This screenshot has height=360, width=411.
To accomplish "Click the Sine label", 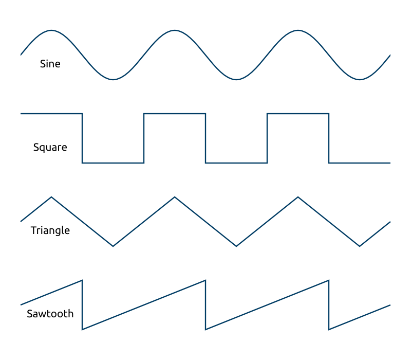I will [50, 64].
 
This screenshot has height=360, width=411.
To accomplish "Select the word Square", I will [50, 148].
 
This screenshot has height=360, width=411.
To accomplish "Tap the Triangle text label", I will [50, 230].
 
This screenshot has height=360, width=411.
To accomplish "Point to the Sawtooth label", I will [50, 314].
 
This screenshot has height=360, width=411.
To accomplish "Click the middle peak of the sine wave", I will [175, 30].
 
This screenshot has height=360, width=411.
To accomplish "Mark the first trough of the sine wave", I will [113, 80].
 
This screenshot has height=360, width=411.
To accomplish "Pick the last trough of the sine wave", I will [360, 80].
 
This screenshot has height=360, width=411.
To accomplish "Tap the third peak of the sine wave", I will [298, 30].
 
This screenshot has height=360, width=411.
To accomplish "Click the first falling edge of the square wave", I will [82, 138].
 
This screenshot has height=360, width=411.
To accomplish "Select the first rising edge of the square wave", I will [144, 138].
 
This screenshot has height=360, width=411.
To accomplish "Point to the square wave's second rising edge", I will [267, 138].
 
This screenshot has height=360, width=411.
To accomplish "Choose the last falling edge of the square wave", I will [329, 138].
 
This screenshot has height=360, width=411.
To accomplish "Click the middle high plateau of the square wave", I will [175, 114].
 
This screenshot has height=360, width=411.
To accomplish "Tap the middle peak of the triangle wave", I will [175, 197].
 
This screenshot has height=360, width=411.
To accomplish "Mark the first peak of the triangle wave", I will [51, 197].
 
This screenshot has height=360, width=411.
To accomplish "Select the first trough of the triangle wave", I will [113, 246].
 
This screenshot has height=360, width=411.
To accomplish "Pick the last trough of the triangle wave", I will [360, 246].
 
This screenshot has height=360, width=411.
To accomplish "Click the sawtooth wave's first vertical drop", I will [82, 305].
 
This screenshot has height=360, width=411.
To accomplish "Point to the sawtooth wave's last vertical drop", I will [329, 305].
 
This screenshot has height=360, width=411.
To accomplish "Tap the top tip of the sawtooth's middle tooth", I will [206, 280].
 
